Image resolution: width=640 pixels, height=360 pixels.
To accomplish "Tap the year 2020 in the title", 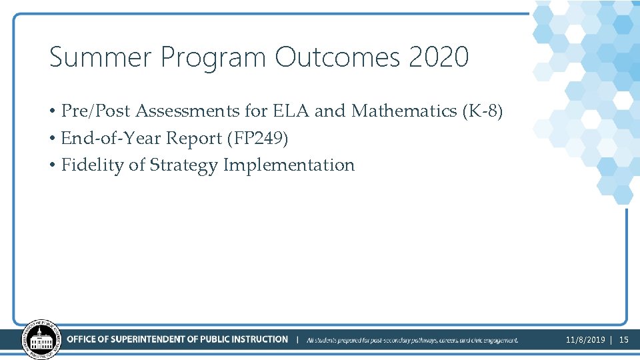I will (x=439, y=57).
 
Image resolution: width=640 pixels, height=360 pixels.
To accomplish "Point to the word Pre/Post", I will (x=96, y=111).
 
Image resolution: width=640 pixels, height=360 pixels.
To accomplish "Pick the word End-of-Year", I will (x=111, y=138).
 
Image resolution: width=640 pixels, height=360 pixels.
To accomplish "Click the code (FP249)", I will (x=258, y=138).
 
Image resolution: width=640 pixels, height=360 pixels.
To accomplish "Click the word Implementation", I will (x=289, y=165).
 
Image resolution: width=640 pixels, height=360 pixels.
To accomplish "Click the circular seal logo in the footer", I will (x=40, y=340).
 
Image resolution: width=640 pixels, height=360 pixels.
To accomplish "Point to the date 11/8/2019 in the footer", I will (x=585, y=340).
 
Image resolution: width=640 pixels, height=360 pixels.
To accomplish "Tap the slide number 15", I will (x=624, y=340).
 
